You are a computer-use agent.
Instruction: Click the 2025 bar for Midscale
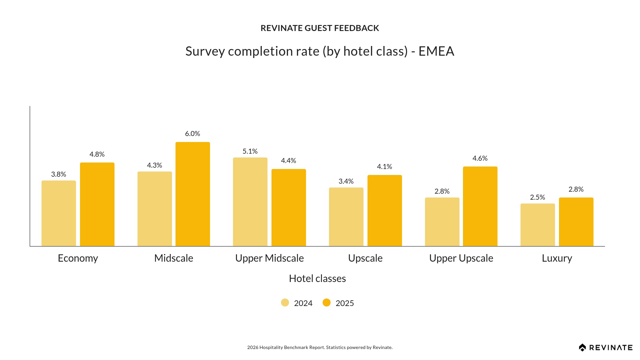[193, 194]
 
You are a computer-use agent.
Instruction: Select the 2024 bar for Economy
[59, 213]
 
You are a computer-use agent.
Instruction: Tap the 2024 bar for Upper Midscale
[250, 202]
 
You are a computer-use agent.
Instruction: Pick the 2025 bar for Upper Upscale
[480, 206]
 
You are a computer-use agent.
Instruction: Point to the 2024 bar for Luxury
[538, 225]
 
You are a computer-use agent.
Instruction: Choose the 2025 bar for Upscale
[385, 211]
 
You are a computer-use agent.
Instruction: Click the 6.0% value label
[193, 134]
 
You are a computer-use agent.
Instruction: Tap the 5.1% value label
[250, 151]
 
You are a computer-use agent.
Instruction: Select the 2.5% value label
[538, 197]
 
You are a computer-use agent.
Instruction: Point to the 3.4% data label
[346, 181]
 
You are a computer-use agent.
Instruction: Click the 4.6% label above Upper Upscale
[480, 158]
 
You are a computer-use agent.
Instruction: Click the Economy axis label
[78, 258]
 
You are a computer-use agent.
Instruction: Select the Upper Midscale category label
[269, 258]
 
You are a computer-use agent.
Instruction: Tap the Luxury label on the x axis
[557, 258]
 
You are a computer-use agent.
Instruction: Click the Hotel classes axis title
[317, 279]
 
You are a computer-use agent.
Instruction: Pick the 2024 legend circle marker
[285, 303]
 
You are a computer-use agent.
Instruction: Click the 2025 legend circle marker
[327, 303]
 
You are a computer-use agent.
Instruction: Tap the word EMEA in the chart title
[436, 51]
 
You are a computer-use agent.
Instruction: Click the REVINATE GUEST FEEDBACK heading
[320, 28]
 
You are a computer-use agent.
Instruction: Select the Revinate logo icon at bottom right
[582, 348]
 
